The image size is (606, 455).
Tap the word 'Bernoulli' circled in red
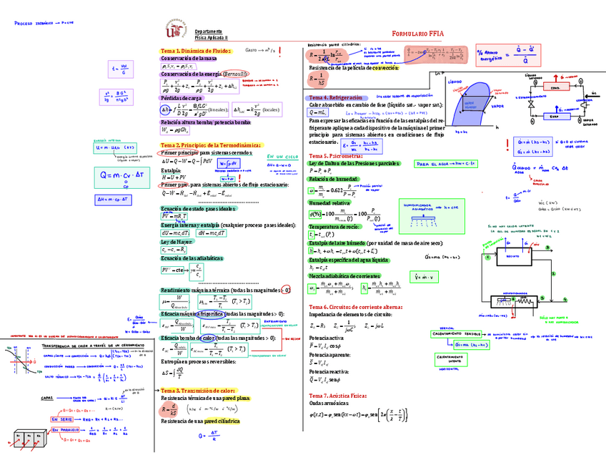click(235, 74)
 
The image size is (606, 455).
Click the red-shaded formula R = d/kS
click(169, 408)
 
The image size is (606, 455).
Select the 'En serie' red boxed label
click(62, 419)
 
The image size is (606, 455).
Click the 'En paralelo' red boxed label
click(66, 431)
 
